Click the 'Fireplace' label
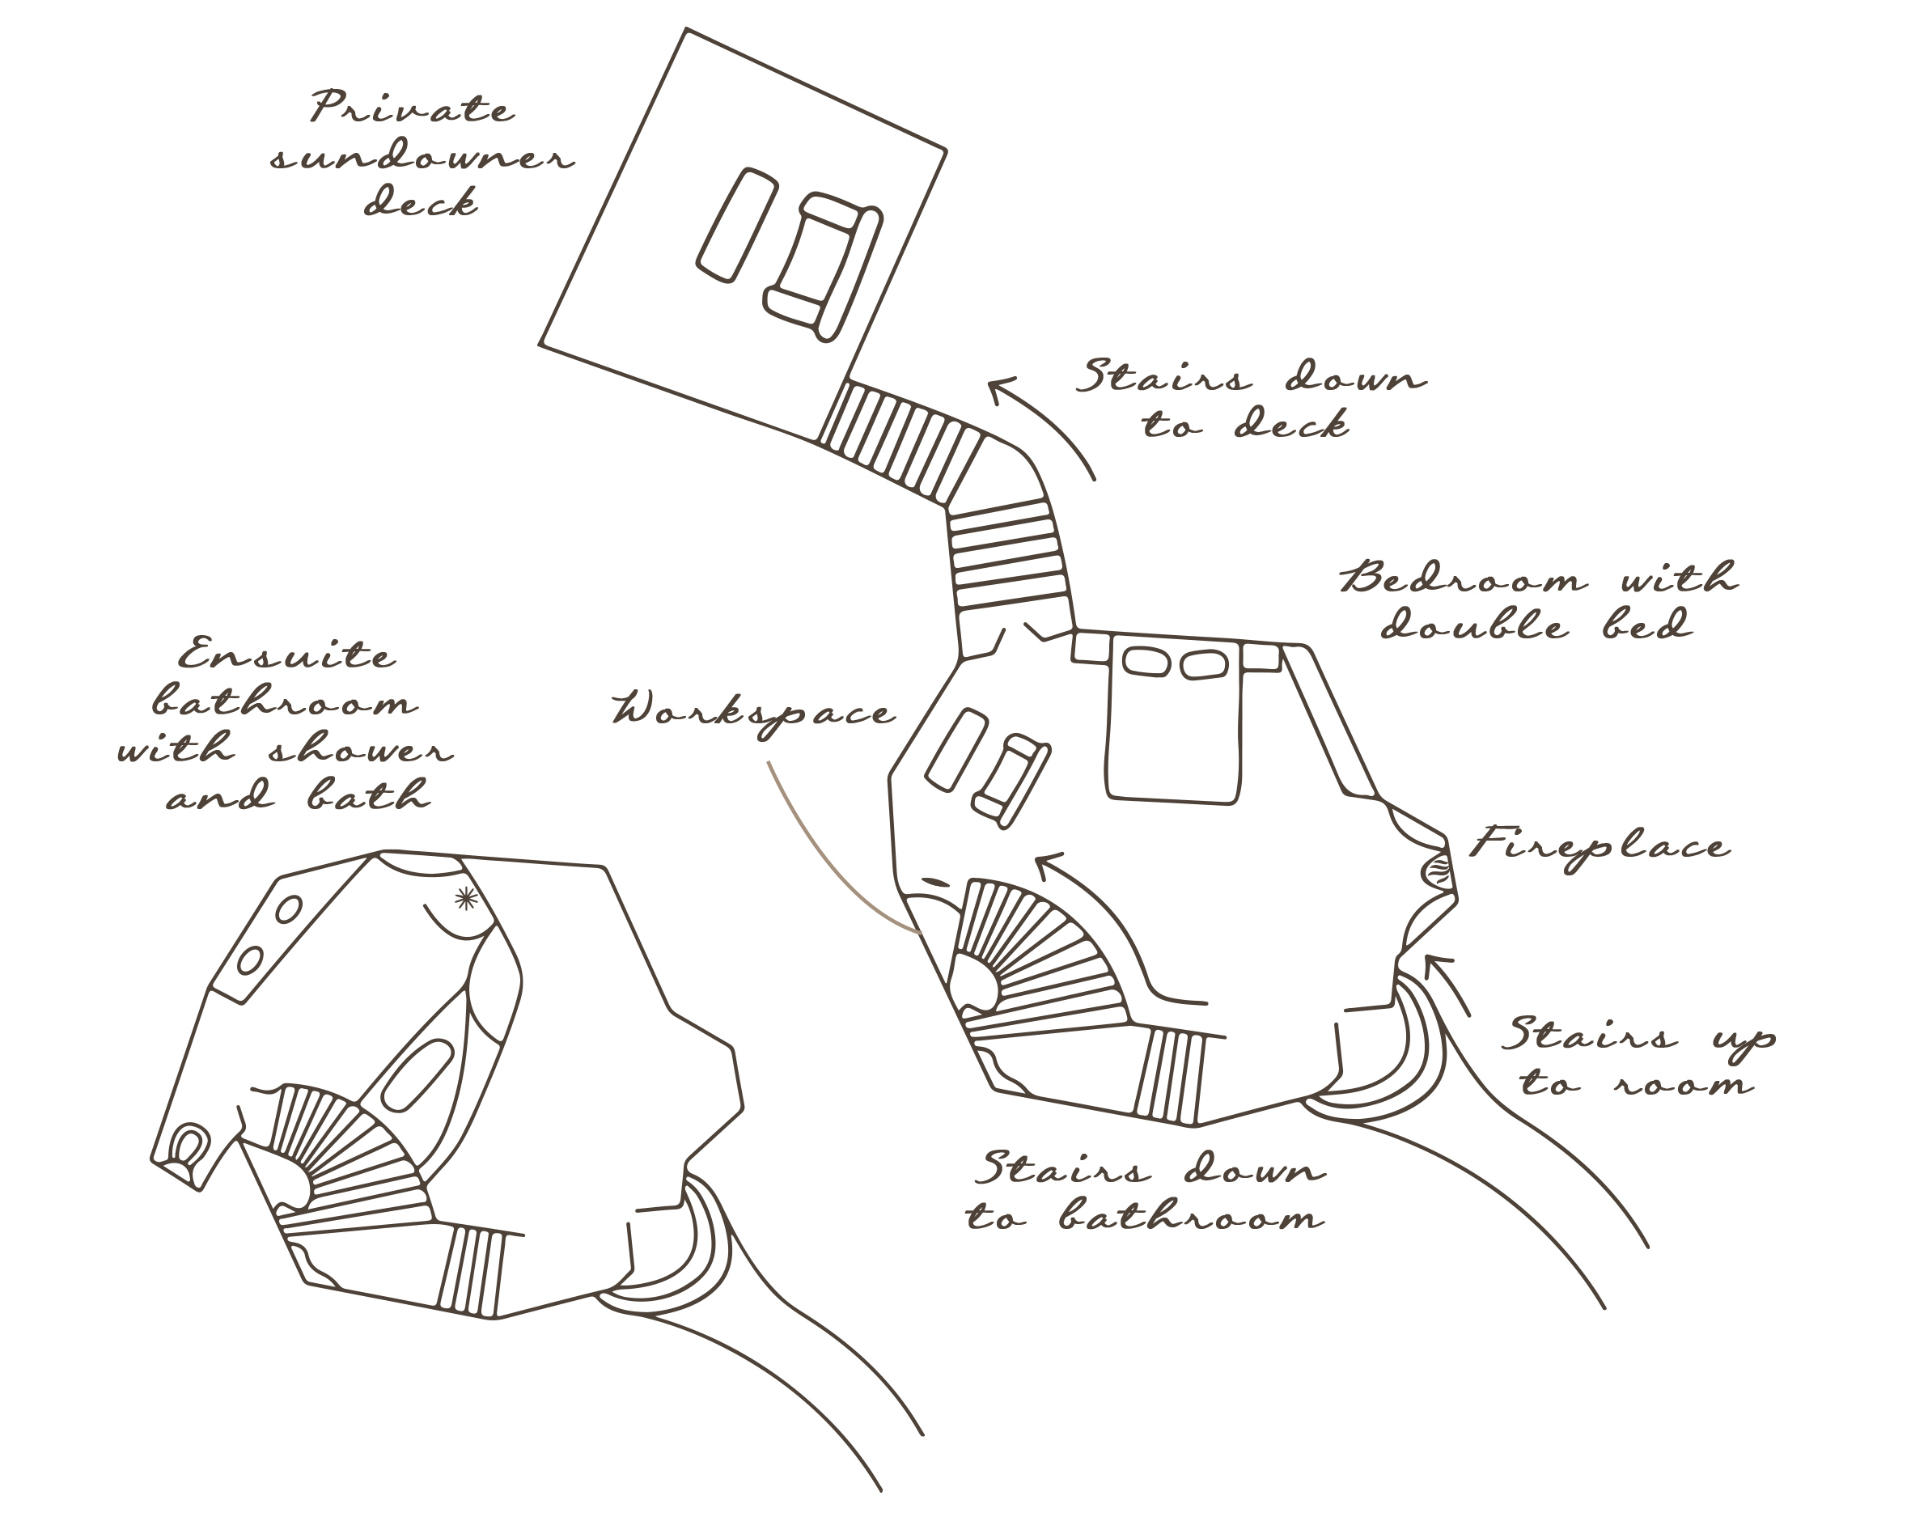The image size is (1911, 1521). click(x=1600, y=846)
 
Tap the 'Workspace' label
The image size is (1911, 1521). click(x=753, y=714)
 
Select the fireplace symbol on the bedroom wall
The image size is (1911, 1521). click(x=1438, y=870)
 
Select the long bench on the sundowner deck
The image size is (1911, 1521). click(x=736, y=226)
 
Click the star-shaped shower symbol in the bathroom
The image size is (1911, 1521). click(x=465, y=899)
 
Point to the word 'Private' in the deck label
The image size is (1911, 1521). click(x=412, y=108)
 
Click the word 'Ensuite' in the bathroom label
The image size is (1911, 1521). click(x=286, y=655)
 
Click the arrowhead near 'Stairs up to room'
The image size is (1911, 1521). click(x=1438, y=964)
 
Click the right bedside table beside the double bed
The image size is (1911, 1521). click(x=1261, y=656)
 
